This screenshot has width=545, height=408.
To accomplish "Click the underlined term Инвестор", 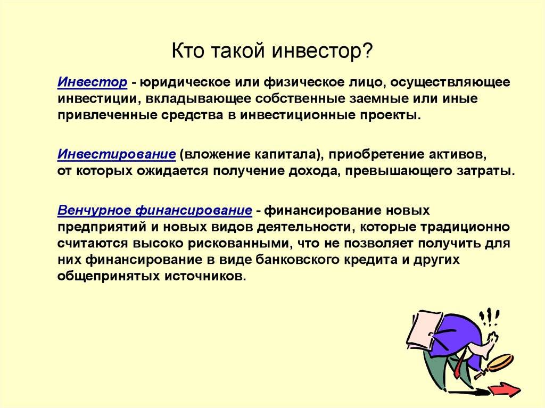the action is [x=93, y=82].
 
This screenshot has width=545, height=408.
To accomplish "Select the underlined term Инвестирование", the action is [x=117, y=154].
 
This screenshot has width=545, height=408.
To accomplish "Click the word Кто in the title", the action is [x=188, y=51].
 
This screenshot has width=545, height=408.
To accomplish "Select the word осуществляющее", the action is [x=450, y=83].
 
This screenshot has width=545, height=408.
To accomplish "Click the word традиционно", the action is [x=465, y=227].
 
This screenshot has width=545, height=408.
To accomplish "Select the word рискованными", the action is [x=238, y=244].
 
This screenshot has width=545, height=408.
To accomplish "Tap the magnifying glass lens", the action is [x=500, y=362].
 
